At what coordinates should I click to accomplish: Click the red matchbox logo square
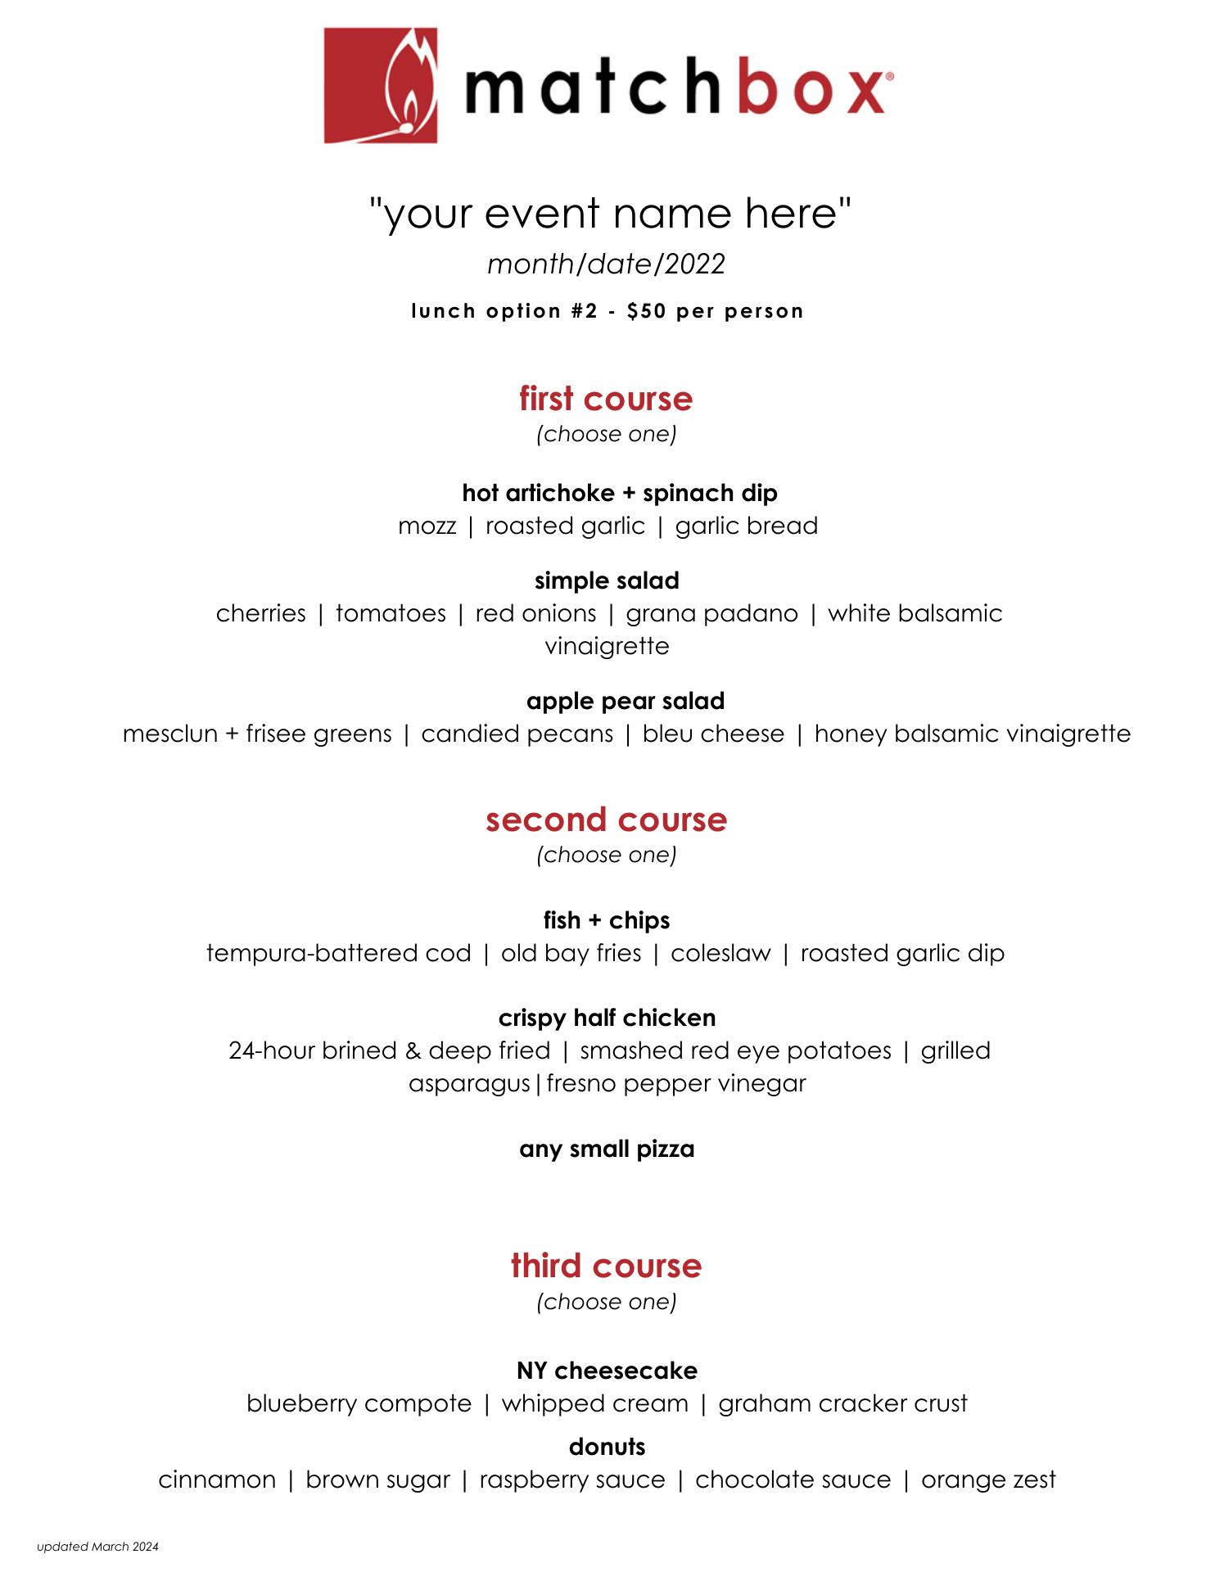tap(380, 86)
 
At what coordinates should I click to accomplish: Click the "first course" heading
tap(606, 399)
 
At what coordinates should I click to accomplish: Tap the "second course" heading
tap(606, 820)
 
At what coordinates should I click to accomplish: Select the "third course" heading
tap(606, 1266)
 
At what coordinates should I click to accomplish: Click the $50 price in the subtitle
tap(646, 311)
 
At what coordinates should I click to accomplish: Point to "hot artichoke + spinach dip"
tap(620, 493)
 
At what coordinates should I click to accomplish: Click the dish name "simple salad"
tap(607, 580)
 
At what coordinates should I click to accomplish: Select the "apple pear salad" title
tap(626, 701)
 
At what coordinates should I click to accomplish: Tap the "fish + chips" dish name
tap(607, 920)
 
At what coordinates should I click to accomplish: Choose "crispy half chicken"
tap(607, 1018)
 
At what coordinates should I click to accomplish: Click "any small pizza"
tap(607, 1149)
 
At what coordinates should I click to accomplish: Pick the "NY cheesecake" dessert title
tap(607, 1371)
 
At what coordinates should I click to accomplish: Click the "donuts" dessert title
tap(607, 1447)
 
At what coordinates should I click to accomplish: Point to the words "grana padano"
tap(711, 613)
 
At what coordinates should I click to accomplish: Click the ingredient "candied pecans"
tap(517, 734)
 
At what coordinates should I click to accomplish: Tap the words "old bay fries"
tap(571, 953)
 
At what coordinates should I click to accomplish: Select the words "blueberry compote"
tap(359, 1403)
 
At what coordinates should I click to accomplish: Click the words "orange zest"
tap(988, 1479)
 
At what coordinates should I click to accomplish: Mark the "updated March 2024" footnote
tap(97, 1547)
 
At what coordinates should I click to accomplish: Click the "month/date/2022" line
tap(606, 264)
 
